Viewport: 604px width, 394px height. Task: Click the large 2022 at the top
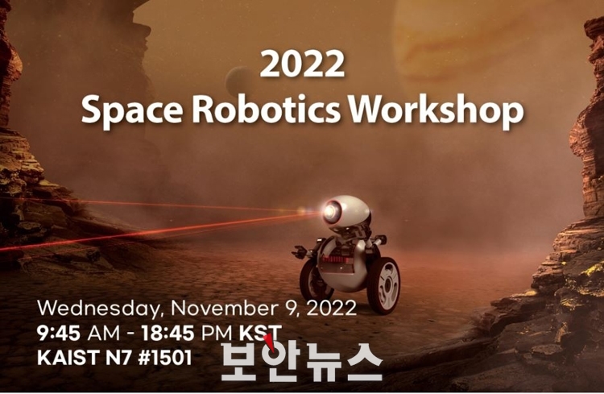pos(302,64)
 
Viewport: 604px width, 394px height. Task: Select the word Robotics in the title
pos(267,108)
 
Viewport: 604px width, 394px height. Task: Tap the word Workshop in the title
pos(436,110)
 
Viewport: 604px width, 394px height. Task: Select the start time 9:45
pos(59,333)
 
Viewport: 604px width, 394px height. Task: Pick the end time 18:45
pos(168,333)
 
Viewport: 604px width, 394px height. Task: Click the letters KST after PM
pos(260,333)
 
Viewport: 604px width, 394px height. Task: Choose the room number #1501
pos(164,358)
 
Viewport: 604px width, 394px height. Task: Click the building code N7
pos(118,358)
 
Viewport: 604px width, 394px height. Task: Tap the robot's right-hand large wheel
pos(383,286)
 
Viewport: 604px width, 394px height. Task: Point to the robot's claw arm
pos(304,251)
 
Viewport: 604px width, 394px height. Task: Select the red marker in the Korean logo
pos(271,342)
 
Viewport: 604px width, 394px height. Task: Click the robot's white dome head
pos(349,211)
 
